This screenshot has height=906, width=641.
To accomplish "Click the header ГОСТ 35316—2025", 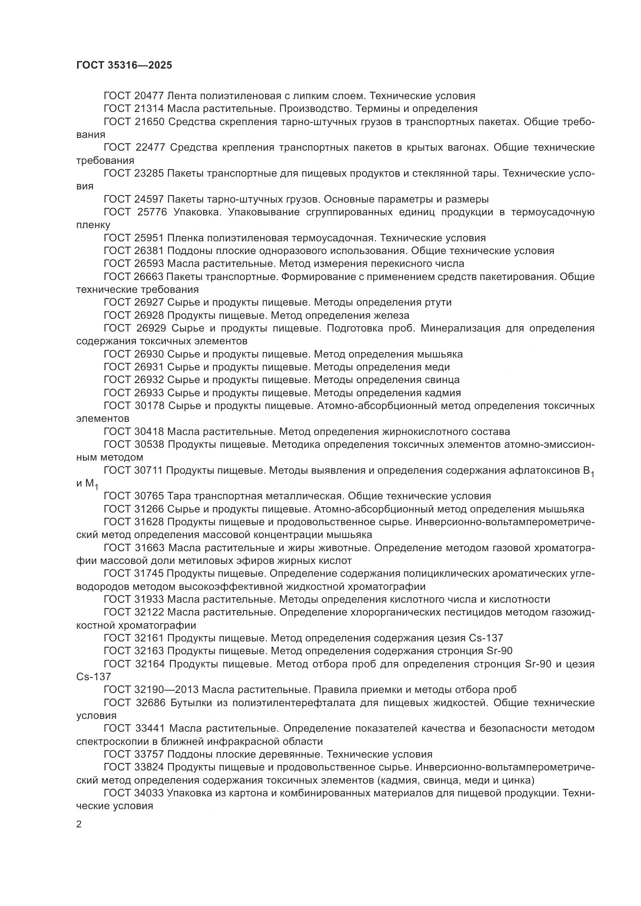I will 124,65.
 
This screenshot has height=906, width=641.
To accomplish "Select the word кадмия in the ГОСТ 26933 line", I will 443,393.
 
